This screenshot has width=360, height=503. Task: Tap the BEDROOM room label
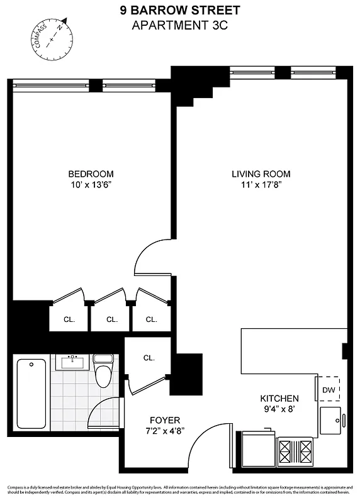coord(91,174)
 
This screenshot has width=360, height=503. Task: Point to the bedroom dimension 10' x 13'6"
coord(91,185)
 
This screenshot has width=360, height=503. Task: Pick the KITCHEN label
coord(279,399)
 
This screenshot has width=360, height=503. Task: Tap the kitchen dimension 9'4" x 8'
coord(279,409)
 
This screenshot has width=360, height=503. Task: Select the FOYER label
coord(165,420)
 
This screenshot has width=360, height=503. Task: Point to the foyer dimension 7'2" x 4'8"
coord(165,431)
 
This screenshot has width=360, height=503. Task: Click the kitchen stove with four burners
coord(296,451)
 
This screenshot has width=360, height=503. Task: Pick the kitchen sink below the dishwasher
coord(331,419)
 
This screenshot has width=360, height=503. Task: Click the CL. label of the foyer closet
coord(149,358)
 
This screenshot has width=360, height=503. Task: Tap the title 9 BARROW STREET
coord(181,11)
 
